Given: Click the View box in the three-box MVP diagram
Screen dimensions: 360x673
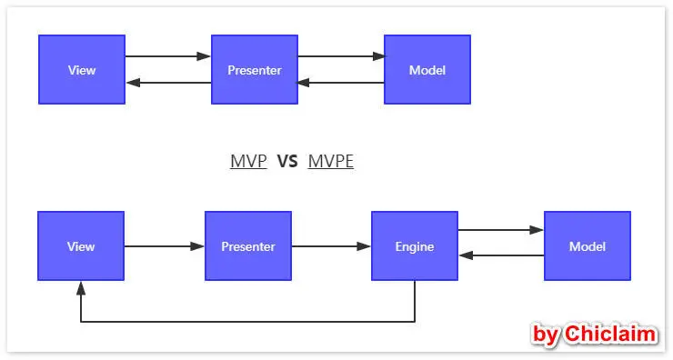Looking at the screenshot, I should tap(82, 70).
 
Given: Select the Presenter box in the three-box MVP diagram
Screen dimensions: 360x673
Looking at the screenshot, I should tap(255, 70).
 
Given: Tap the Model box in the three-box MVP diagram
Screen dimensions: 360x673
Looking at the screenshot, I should tap(427, 70).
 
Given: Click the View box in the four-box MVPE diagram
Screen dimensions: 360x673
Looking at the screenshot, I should tap(81, 246).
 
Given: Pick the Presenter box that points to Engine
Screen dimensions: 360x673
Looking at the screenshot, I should tap(248, 246).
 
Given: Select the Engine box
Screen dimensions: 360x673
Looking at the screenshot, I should tap(415, 246).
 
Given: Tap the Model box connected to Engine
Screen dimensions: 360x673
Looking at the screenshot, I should tap(588, 246).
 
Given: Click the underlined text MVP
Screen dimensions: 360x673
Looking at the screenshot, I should tap(248, 162).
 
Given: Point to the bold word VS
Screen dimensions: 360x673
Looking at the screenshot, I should tap(287, 162).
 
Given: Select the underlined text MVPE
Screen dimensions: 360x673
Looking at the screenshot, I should tap(331, 162).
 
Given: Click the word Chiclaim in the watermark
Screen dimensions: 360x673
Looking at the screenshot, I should tap(609, 335).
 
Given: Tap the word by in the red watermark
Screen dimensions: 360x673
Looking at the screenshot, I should tap(546, 335).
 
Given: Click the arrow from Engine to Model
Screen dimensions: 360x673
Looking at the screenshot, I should tap(501, 231).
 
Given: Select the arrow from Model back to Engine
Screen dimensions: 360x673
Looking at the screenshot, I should tap(501, 255).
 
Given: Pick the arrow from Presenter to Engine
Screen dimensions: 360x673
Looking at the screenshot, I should tap(331, 246).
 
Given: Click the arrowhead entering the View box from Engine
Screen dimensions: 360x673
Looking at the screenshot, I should tap(81, 287).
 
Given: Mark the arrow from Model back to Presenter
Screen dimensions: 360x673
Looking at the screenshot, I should tap(341, 83).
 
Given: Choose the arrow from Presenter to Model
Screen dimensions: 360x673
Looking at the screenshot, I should tap(341, 56).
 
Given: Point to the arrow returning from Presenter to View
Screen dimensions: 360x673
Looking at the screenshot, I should tap(168, 83).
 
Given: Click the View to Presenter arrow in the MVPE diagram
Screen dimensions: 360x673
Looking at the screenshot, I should tap(165, 246).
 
